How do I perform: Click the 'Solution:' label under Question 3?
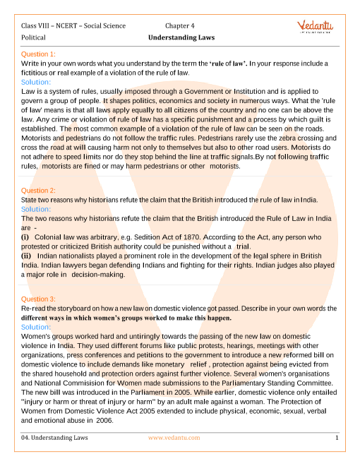coord(36,328)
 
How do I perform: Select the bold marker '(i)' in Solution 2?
coord(25,237)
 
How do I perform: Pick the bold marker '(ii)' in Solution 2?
coord(27,256)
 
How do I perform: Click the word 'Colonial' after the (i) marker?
coord(54,237)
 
